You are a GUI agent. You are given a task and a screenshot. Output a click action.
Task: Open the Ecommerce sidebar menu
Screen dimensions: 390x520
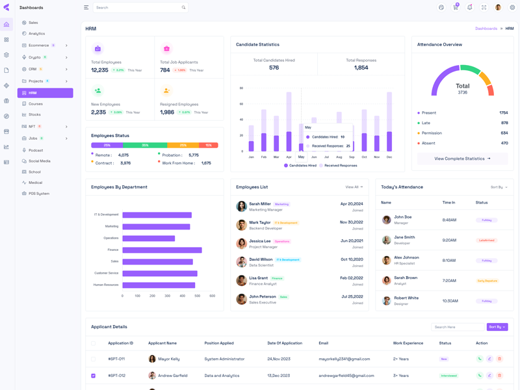point(39,45)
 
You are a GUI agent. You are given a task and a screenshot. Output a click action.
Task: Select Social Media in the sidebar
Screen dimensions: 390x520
point(39,161)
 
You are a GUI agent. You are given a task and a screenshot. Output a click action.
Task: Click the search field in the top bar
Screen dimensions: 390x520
point(136,8)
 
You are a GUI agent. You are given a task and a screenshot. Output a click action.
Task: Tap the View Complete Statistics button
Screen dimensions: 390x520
point(462,159)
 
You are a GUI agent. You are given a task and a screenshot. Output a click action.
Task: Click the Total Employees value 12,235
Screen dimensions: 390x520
point(99,70)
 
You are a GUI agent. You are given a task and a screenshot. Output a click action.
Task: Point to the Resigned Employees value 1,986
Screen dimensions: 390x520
point(167,112)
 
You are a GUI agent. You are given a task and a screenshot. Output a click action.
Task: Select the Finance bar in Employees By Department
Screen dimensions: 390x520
point(162,250)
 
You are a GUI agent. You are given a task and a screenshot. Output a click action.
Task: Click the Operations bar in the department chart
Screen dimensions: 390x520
point(148,238)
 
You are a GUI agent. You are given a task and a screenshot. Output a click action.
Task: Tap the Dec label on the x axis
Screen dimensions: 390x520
point(389,157)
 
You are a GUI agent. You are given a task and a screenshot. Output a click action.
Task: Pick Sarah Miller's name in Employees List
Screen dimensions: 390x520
point(260,204)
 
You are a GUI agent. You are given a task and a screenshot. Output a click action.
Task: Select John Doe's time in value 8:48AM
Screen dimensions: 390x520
point(449,220)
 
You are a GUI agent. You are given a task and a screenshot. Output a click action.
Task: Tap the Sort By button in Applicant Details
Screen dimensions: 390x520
point(497,327)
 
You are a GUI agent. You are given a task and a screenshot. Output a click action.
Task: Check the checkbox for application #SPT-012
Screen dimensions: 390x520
point(94,376)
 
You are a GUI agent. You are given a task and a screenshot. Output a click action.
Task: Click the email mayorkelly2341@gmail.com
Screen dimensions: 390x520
point(344,359)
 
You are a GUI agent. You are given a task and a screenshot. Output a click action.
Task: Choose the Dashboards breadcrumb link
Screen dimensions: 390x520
point(486,29)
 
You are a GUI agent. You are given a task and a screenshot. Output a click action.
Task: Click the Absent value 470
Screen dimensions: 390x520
point(504,143)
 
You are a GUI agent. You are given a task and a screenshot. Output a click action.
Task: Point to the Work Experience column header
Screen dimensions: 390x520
point(408,343)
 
